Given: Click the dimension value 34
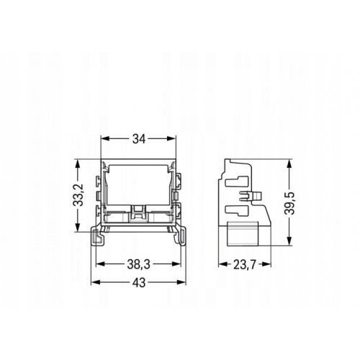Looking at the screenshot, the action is [139, 139].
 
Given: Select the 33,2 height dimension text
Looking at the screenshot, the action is [78, 195].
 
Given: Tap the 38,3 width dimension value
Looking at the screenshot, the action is [138, 264].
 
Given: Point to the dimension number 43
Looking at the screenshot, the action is [139, 283].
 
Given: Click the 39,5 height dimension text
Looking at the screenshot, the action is [289, 203].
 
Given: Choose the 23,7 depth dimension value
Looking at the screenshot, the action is [245, 265].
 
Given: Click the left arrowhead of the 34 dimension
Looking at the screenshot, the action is [105, 138].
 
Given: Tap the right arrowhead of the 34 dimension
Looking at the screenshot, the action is [172, 138].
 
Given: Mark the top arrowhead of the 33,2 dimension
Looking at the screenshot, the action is [77, 163].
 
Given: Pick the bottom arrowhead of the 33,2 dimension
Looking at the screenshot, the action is [77, 227].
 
